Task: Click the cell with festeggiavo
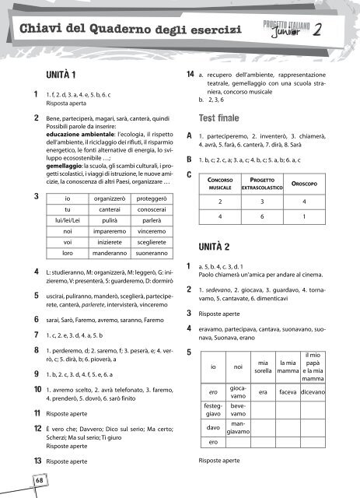(213, 410)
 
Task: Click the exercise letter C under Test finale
(190, 175)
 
